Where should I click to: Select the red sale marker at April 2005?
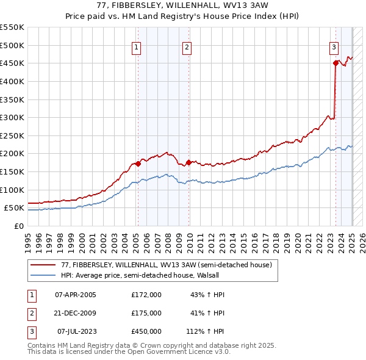pos(138,163)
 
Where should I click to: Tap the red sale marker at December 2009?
pos(189,162)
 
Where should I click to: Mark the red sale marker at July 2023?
pos(335,62)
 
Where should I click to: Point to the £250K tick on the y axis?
pos(13,135)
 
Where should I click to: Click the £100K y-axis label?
pos(13,190)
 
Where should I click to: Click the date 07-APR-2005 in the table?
pos(76,295)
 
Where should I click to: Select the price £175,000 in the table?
pos(146,313)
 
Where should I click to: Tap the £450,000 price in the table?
pos(146,331)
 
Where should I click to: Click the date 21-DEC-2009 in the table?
pos(76,313)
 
